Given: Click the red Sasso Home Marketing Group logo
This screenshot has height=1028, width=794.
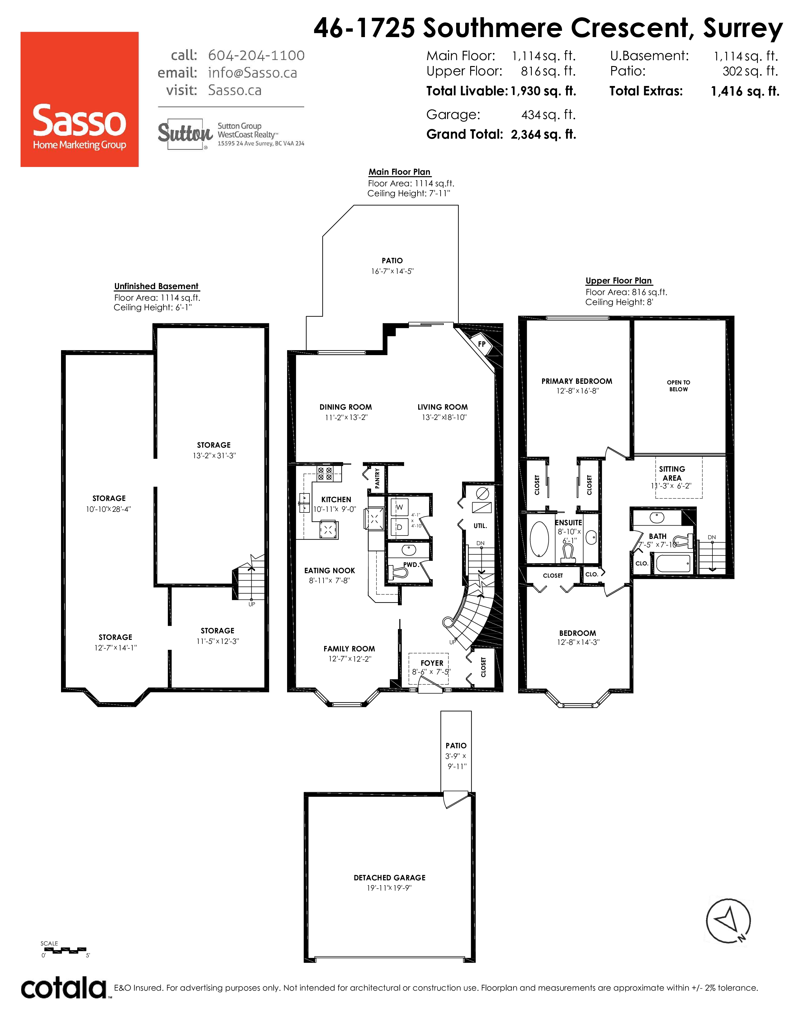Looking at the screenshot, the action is pos(79,99).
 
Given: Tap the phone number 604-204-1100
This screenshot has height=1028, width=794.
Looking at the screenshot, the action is pos(256,55).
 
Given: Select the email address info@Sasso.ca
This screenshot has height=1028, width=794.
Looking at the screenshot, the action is pos(253,73).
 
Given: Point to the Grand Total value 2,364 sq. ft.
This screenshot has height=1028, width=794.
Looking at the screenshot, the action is pos(543,135).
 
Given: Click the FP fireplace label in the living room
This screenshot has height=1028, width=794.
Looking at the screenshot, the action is pos(482,344).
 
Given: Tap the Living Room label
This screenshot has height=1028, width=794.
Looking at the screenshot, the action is pos(443,407).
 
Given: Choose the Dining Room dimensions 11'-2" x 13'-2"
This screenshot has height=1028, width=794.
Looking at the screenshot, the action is pos(346,417).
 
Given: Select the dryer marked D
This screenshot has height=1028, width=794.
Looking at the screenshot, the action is pos(399,527).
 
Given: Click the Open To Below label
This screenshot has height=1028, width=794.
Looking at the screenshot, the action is pos(679,386).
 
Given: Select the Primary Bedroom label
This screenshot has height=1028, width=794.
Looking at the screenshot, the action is pos(577,381).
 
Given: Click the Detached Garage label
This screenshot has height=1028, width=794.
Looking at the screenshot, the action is pos(390,878).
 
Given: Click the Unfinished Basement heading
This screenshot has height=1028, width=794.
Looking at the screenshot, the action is pos(157,286).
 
